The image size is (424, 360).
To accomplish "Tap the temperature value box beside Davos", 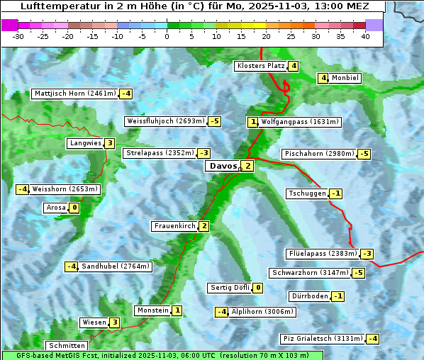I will (x=247, y=166).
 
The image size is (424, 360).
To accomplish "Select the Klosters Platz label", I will (x=261, y=66).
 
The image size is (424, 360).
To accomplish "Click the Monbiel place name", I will (x=345, y=78).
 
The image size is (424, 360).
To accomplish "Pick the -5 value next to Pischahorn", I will (x=364, y=154).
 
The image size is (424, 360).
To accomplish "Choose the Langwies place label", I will (x=85, y=143).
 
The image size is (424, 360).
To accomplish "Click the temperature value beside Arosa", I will (x=74, y=208).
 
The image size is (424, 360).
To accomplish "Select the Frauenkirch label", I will (x=174, y=226).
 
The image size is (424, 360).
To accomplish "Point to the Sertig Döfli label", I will (x=230, y=288).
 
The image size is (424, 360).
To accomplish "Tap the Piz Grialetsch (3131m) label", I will (x=323, y=338).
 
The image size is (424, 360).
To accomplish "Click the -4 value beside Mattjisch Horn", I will (x=125, y=94).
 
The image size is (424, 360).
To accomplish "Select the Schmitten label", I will (x=69, y=346).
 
